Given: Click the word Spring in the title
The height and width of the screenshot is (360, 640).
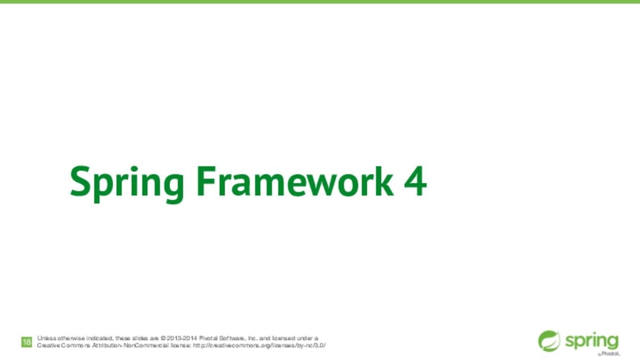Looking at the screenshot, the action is tap(127, 184).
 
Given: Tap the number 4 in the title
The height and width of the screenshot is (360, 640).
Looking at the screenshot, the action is tap(415, 181).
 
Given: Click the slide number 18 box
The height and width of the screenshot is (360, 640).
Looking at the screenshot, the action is tap(26, 342).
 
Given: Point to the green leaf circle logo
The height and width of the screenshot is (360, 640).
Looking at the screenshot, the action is tap(549, 341).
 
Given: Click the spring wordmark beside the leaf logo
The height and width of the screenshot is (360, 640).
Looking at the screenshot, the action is tap(592, 342).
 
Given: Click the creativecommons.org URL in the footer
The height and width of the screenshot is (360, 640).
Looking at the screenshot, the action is tap(259, 346).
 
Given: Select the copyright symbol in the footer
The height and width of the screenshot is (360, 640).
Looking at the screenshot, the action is tap(163, 338).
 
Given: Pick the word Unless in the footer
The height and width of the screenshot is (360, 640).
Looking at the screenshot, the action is tap(47, 338).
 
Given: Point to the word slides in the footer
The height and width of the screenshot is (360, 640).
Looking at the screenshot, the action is tap(139, 338).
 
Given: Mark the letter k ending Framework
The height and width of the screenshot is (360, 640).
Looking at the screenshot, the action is tap(385, 181).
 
